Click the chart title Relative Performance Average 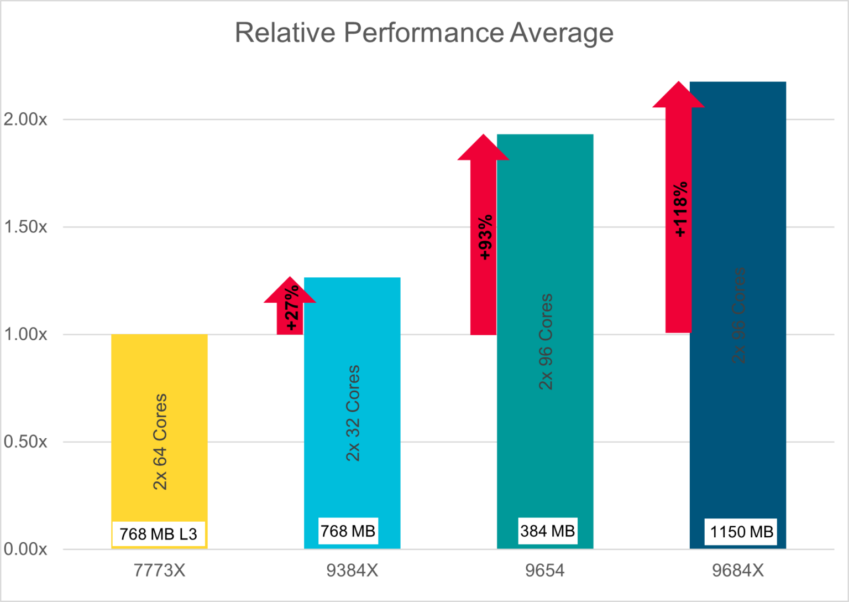click(x=424, y=32)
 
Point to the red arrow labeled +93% click(x=484, y=238)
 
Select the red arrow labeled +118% click(x=679, y=210)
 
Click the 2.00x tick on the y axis click(x=25, y=120)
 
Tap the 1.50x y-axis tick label click(x=25, y=227)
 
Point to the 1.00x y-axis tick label click(x=25, y=334)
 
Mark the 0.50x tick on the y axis click(x=25, y=442)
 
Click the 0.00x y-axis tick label click(x=25, y=549)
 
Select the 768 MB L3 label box click(x=159, y=534)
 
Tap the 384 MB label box click(x=548, y=531)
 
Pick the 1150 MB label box click(x=741, y=532)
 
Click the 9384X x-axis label click(x=352, y=570)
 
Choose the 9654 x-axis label click(x=545, y=570)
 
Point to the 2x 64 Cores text click(x=160, y=442)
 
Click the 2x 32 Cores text click(x=353, y=413)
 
